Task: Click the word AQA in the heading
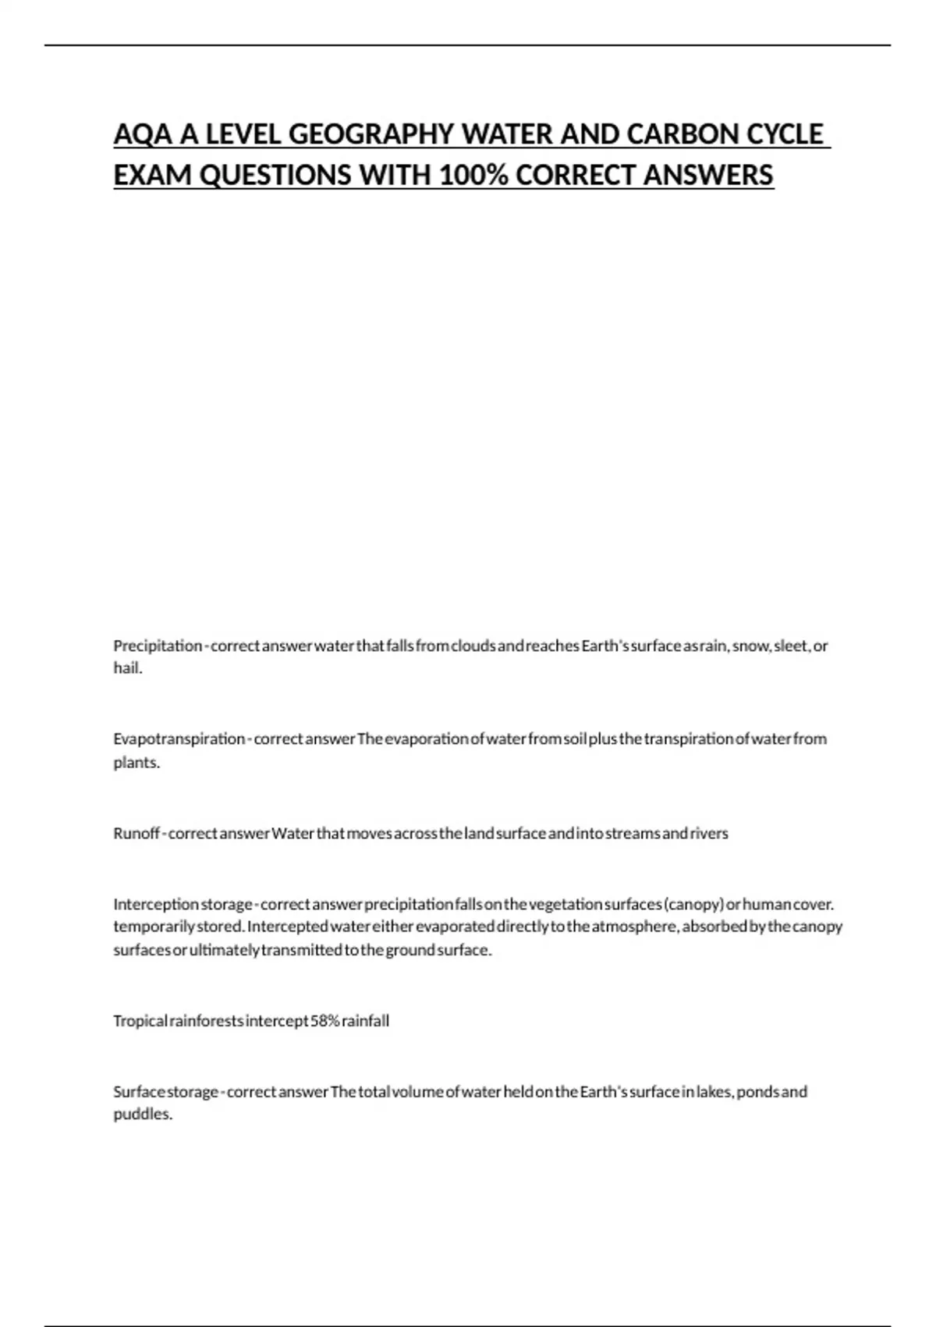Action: (x=144, y=134)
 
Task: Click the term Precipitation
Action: (x=158, y=646)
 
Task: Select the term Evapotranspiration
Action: (x=179, y=739)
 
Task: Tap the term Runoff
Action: (x=136, y=834)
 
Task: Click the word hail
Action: (x=127, y=669)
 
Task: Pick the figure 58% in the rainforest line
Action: (x=324, y=1021)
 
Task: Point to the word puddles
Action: (x=142, y=1115)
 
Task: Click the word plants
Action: (x=136, y=763)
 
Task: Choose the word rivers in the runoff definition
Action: (x=709, y=834)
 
